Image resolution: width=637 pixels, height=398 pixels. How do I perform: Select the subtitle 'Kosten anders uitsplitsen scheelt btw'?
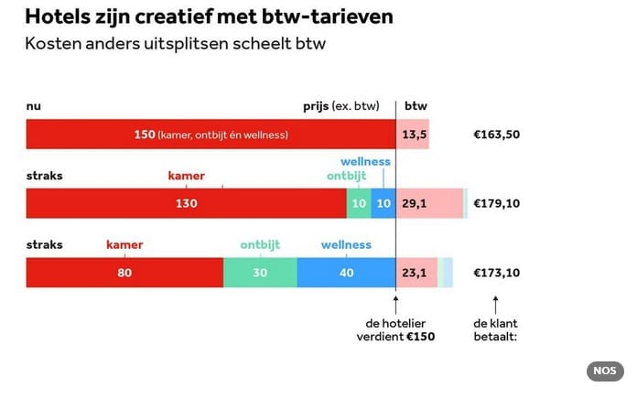(176, 43)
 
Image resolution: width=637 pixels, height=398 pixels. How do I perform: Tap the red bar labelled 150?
(211, 134)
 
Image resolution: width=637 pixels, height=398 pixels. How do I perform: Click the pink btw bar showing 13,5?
(412, 134)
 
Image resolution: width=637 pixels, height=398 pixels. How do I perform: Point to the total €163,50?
(496, 134)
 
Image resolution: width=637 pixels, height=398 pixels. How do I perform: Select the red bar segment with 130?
(186, 203)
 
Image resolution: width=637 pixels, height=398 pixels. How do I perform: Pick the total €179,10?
(496, 203)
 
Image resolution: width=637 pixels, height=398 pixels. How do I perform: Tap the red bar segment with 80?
(124, 273)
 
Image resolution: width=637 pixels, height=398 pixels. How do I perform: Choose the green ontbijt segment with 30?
(260, 273)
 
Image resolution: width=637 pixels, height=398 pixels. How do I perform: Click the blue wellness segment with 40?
(346, 273)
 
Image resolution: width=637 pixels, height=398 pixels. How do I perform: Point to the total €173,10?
(496, 273)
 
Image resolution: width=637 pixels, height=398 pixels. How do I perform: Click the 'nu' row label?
(33, 106)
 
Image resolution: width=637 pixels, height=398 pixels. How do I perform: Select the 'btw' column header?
(416, 106)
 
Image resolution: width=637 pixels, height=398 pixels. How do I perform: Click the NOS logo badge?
(604, 371)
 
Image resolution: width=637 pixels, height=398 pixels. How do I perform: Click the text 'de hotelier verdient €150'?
(395, 329)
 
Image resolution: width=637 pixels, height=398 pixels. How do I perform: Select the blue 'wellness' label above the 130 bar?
(365, 162)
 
